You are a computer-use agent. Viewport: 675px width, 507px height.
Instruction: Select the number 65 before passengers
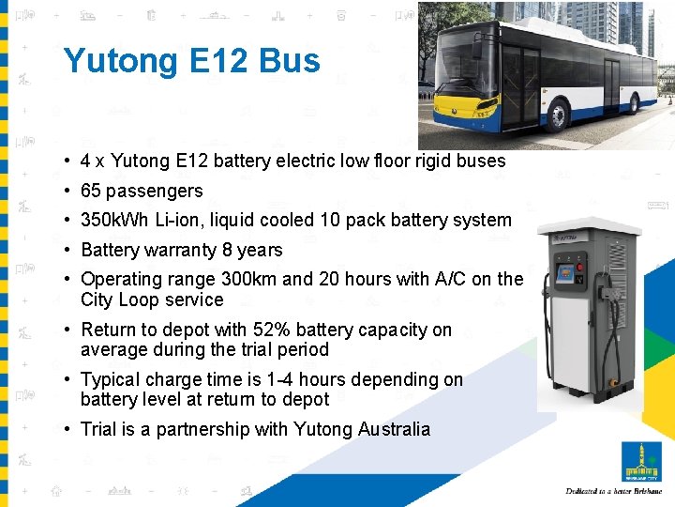(91, 191)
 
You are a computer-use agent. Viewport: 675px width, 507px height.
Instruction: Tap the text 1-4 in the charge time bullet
(279, 379)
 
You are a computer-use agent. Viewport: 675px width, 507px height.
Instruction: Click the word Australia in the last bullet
(394, 429)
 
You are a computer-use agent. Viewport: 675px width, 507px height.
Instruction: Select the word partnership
(203, 429)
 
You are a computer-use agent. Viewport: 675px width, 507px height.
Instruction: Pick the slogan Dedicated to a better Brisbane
(614, 491)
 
